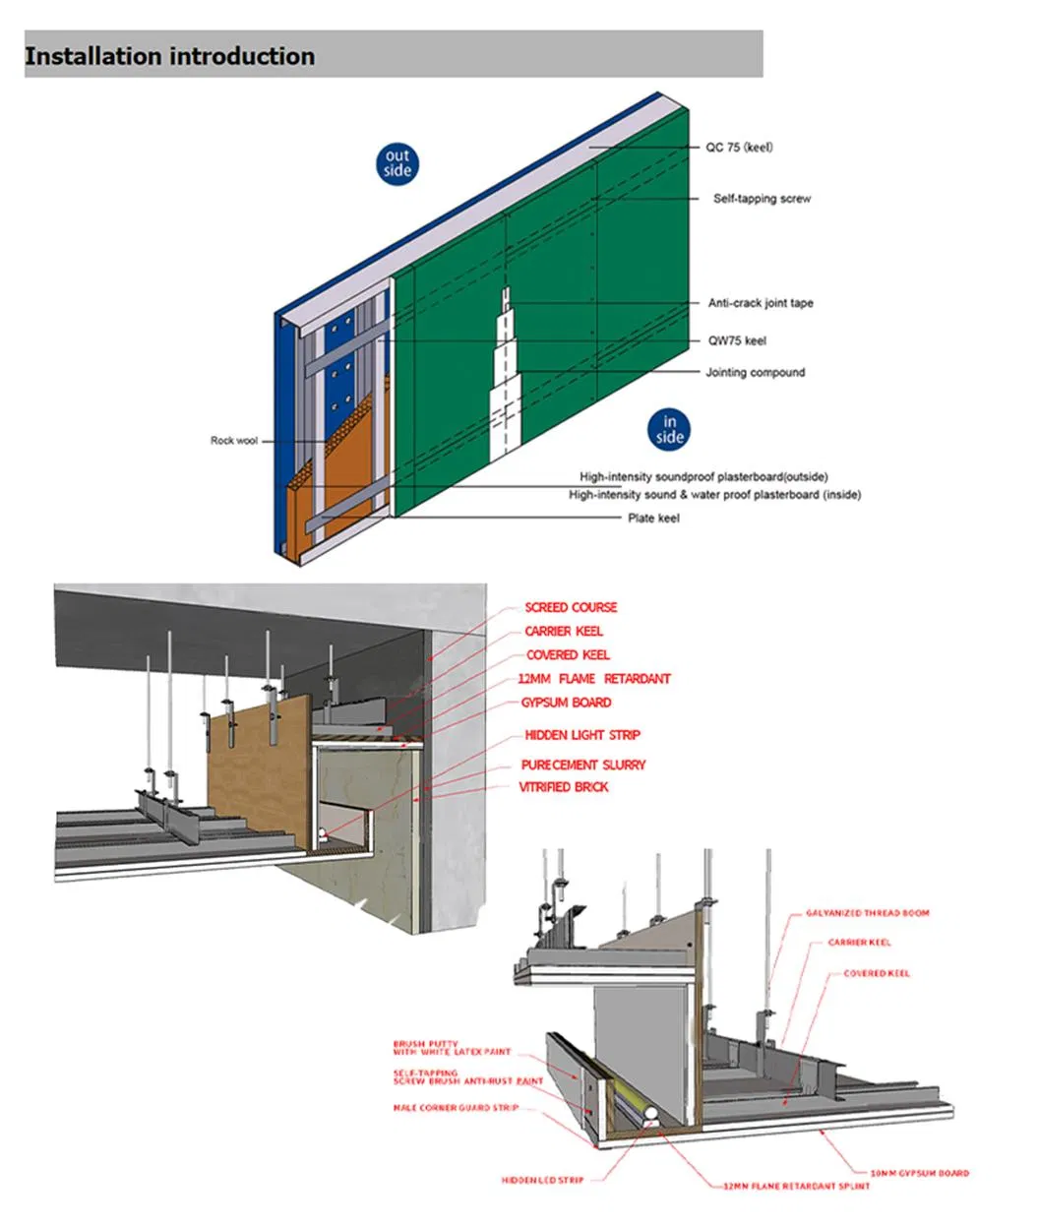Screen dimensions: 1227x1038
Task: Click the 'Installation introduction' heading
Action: coord(169,56)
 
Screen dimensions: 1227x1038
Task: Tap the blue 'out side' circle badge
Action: coord(397,163)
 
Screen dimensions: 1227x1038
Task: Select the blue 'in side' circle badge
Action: coord(668,430)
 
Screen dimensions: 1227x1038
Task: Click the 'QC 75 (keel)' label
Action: coord(739,148)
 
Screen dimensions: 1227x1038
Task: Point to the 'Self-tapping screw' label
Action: coord(762,199)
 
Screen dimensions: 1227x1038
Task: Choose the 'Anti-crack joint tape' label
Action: coord(761,303)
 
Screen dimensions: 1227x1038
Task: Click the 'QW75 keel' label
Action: coord(737,340)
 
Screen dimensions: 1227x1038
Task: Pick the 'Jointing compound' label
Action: coord(755,373)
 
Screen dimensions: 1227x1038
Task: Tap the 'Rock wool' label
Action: coord(233,441)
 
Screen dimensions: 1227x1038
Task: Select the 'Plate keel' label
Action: coord(653,518)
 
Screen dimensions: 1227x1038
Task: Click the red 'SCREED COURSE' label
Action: coord(571,608)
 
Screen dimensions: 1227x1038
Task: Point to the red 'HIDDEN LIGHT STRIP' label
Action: coord(581,735)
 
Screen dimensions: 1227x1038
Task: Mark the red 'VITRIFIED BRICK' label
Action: coord(564,787)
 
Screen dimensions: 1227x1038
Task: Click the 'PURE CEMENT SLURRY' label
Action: coord(583,765)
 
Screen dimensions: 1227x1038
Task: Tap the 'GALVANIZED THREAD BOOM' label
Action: coord(867,913)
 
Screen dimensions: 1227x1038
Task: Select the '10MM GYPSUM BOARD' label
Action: coord(919,1173)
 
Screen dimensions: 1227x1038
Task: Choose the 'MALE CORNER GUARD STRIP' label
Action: coord(456,1108)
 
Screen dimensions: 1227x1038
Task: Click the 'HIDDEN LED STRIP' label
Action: coord(542,1180)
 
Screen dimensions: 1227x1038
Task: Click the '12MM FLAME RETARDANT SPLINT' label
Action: coord(796,1186)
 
